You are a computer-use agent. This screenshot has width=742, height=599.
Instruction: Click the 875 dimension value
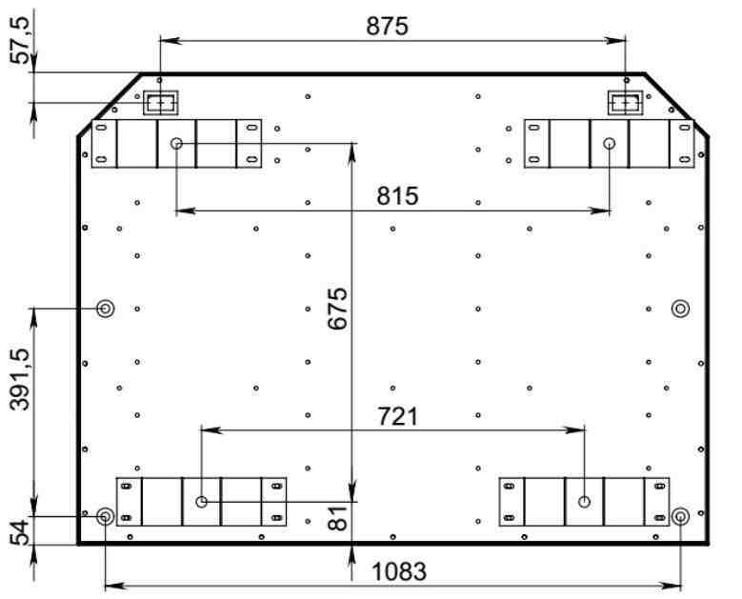(387, 26)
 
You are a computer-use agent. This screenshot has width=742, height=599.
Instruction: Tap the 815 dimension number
(397, 195)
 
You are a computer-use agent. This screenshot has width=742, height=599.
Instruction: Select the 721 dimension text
(398, 417)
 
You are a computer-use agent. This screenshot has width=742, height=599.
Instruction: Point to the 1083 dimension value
(399, 571)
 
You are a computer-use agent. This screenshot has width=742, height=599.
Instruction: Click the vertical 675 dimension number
(338, 308)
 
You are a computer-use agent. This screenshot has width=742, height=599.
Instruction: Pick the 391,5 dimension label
(20, 379)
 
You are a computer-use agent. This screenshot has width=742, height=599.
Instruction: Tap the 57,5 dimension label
(20, 41)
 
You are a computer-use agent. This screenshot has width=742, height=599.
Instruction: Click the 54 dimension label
(20, 532)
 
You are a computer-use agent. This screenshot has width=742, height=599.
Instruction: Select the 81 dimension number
(338, 518)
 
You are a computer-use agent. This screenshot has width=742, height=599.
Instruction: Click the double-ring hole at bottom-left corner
(105, 516)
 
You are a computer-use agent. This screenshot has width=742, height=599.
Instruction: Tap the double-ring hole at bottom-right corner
(680, 516)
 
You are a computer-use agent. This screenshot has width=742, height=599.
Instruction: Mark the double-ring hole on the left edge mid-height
(105, 309)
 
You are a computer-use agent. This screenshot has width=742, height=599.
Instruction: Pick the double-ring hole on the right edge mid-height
(680, 309)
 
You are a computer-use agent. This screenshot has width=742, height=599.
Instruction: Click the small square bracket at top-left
(161, 103)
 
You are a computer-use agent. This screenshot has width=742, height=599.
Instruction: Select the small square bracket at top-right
(626, 103)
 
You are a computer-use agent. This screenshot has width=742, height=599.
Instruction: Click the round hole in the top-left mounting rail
(176, 143)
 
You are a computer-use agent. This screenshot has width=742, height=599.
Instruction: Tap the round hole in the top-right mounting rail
(610, 143)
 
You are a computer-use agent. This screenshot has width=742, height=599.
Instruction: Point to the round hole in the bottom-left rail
(201, 502)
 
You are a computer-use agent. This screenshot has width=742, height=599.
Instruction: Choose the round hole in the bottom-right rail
(585, 502)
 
